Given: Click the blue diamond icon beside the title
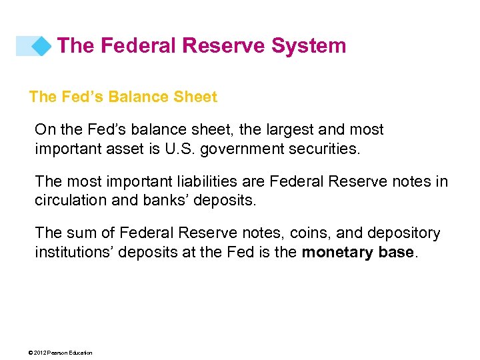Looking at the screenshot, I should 41,46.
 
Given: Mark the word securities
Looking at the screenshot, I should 328,148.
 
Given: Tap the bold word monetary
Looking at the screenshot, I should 333,252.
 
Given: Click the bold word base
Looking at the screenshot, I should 396,252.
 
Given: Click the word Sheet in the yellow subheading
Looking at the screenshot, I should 195,97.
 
